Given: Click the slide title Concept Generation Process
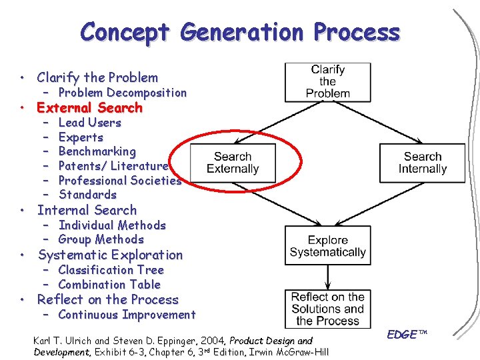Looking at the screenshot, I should tap(240, 32).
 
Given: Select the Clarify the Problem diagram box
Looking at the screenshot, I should tap(327, 81).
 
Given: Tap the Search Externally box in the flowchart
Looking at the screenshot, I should tap(233, 163).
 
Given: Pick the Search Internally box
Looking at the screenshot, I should tap(422, 163).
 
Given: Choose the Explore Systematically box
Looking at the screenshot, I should tap(327, 245).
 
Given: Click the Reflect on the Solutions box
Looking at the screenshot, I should tap(327, 309).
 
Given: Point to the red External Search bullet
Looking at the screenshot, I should tap(89, 107).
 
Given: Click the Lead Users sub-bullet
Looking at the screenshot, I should tap(89, 123).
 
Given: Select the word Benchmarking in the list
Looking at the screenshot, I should tap(97, 151).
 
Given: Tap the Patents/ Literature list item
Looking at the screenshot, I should tap(113, 166).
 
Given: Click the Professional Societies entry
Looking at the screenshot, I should tap(119, 180).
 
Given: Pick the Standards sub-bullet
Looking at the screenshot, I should tap(87, 195).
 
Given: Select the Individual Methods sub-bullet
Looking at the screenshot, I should tap(111, 225).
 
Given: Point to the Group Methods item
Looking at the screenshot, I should tap(101, 239).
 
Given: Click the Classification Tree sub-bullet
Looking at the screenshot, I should tap(111, 270).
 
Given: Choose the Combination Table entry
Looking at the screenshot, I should tap(109, 285).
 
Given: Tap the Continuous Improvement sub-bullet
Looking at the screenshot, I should tap(127, 315).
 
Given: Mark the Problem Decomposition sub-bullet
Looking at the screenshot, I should tap(122, 93).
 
